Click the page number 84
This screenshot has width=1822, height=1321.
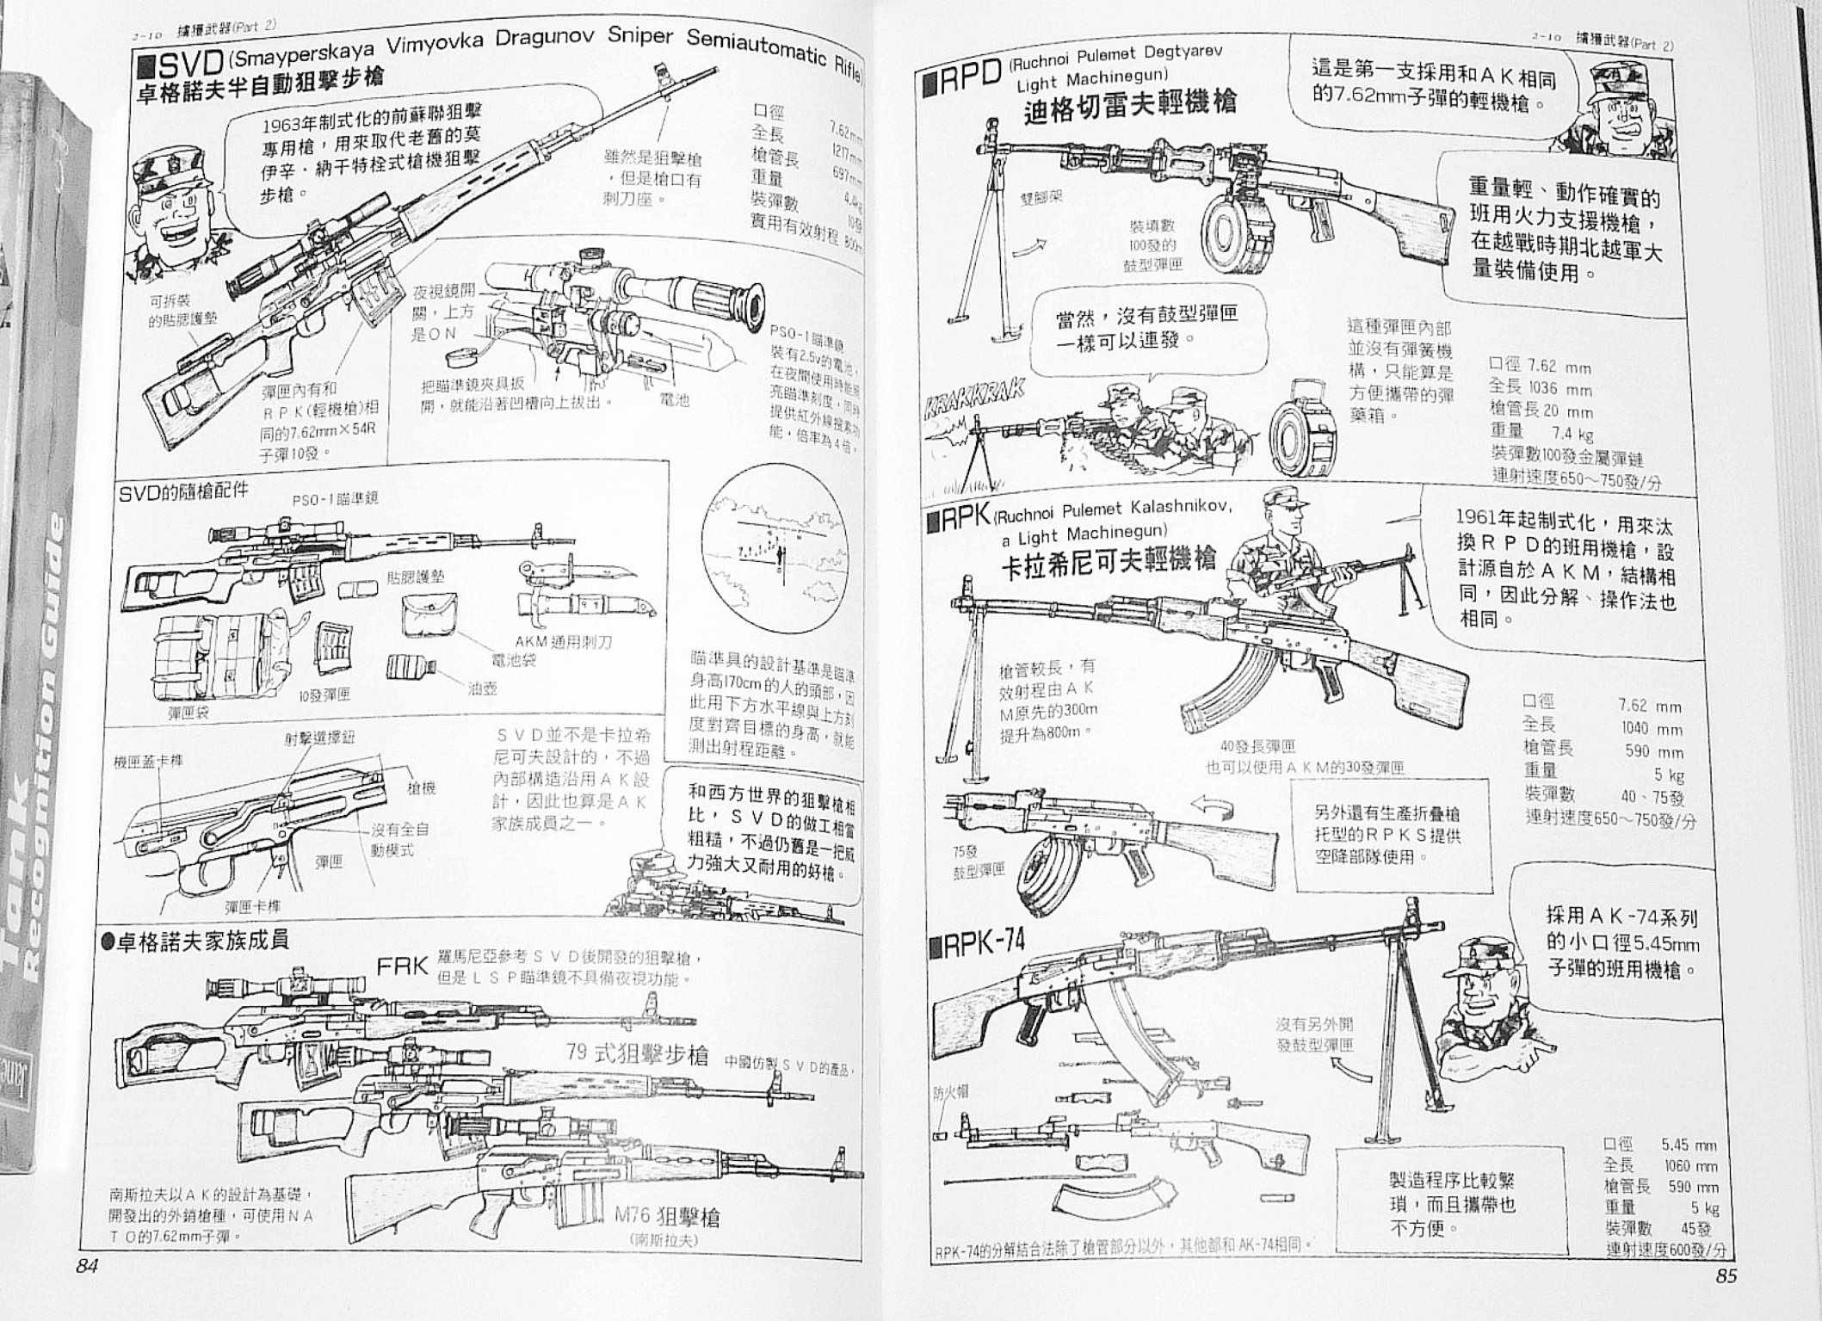pos(87,1265)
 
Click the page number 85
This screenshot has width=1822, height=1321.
pos(1726,1276)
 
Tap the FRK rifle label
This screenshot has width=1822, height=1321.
pos(402,966)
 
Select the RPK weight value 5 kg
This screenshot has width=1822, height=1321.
pos(1668,775)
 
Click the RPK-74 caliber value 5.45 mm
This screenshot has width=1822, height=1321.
pos(1688,1145)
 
